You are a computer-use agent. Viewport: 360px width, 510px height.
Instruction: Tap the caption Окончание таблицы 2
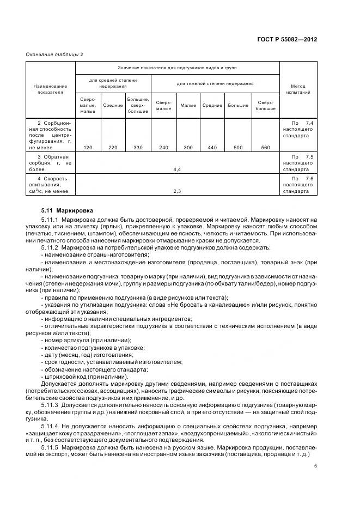[55, 54]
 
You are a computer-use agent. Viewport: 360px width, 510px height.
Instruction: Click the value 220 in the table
[113, 147]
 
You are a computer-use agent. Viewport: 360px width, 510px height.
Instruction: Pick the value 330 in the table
[138, 147]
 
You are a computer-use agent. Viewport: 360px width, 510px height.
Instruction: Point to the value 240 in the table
[163, 147]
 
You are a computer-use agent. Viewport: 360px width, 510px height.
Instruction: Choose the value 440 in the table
[212, 147]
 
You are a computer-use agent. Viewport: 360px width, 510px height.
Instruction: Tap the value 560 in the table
[265, 147]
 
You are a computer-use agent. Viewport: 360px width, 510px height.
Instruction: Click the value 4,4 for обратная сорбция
[177, 170]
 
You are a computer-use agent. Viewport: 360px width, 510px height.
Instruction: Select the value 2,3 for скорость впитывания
[177, 191]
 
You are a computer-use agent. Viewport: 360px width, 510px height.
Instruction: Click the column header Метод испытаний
[298, 89]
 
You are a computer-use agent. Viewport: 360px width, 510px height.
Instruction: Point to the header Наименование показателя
[50, 89]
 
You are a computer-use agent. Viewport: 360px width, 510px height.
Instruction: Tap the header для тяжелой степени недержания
[215, 83]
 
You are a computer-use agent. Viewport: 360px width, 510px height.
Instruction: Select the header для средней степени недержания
[113, 83]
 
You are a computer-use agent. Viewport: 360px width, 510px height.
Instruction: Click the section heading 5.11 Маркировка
[67, 209]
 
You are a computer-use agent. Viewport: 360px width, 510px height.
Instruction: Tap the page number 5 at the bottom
[315, 465]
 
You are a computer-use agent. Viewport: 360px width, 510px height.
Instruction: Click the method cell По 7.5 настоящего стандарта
[298, 163]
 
